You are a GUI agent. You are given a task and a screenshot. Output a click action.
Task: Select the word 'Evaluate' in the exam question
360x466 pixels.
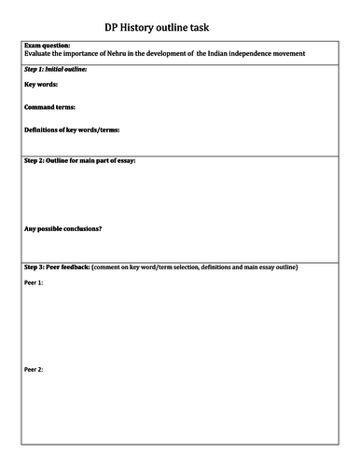(37, 53)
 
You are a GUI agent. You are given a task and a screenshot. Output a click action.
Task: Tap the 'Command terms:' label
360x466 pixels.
(49, 107)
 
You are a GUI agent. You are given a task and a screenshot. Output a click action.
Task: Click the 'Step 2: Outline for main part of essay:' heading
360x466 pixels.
(85, 161)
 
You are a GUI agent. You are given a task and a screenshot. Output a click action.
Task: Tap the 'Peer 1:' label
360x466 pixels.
(34, 282)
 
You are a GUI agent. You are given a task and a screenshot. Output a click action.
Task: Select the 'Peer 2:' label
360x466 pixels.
(34, 369)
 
